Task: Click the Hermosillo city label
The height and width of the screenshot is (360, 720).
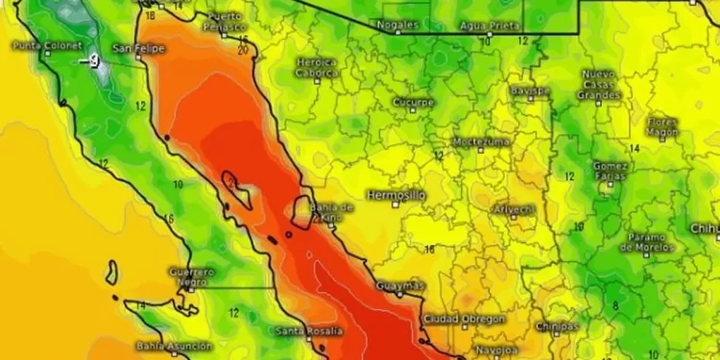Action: (396, 195)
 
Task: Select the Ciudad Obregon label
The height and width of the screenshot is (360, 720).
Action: (465, 319)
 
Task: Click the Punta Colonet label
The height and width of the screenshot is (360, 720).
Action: (47, 45)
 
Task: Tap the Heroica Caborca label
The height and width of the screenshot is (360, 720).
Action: (316, 67)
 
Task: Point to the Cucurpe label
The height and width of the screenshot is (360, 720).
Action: (414, 102)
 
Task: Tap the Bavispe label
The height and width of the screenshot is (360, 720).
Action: (530, 90)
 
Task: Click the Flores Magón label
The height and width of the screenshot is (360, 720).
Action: (662, 128)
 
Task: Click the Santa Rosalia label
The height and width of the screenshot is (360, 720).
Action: (307, 331)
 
